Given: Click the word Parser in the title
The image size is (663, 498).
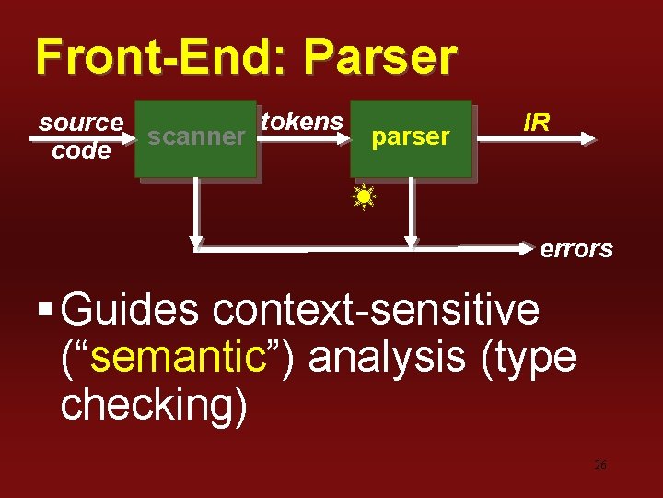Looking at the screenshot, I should (x=379, y=57).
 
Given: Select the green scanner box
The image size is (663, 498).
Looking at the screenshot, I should (x=195, y=137).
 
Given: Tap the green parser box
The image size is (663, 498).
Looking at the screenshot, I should (x=410, y=137).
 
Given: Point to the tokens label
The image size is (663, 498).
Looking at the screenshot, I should (x=302, y=121).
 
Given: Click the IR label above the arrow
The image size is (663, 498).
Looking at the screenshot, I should (x=537, y=121).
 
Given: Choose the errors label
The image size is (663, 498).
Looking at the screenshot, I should (x=576, y=249).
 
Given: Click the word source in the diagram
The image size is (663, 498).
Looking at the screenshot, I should (x=81, y=122).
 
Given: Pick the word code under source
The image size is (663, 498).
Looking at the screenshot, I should (x=81, y=150).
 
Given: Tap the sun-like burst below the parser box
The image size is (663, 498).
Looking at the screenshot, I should (x=365, y=196).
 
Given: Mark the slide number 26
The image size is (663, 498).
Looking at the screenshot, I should (x=600, y=466).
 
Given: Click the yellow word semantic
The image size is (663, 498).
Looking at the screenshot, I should (x=178, y=357).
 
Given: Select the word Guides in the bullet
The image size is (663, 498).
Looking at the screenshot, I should (x=130, y=310).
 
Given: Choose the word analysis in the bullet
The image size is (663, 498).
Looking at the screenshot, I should (x=387, y=357).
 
